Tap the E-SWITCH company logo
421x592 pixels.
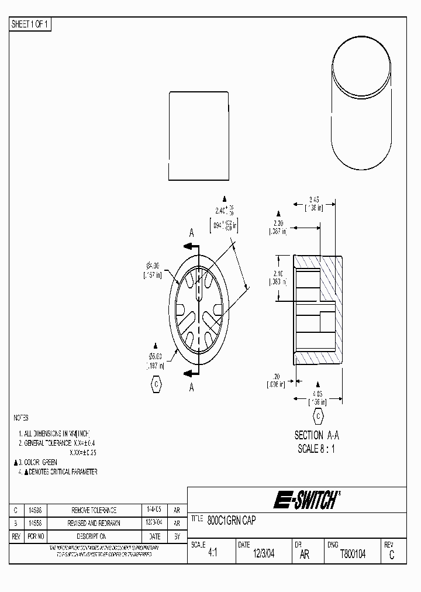305,500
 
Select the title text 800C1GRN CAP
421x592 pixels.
232,519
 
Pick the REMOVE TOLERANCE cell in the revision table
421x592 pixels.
94,510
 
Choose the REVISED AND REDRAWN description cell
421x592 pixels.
94,523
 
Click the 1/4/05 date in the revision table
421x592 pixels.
154,510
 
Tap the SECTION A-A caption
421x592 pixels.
316,435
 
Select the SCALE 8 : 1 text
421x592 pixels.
316,449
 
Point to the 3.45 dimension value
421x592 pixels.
314,200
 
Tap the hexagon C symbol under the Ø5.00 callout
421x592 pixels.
156,383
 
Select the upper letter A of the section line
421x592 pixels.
191,232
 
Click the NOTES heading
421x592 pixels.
21,418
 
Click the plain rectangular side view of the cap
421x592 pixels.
198,136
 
